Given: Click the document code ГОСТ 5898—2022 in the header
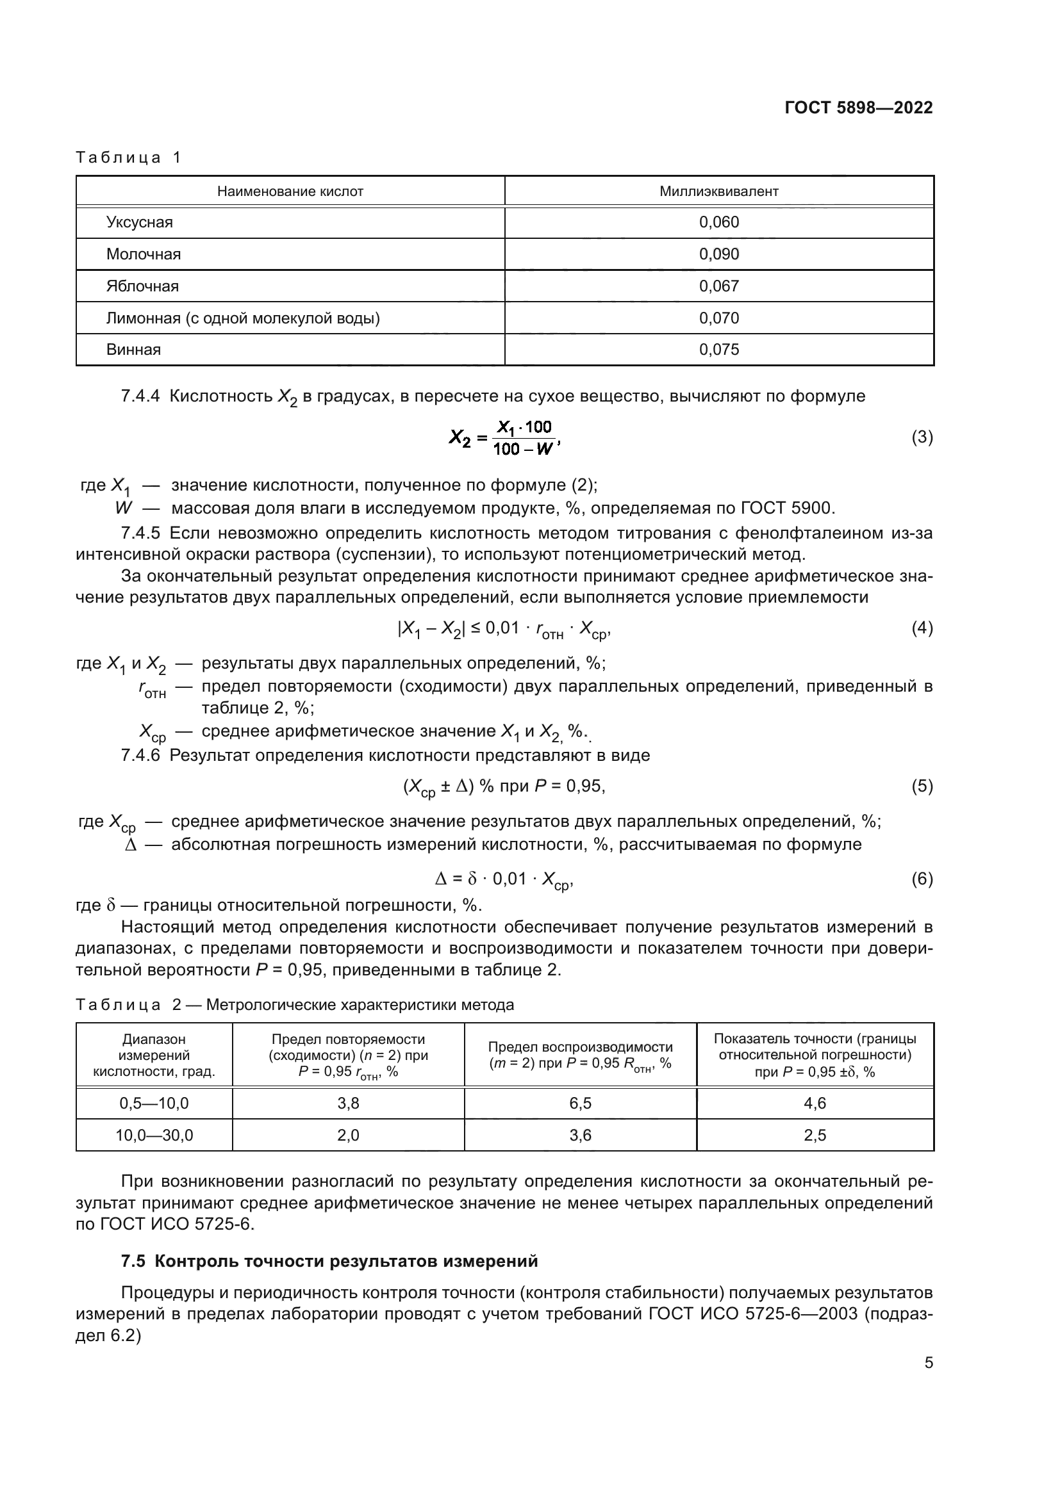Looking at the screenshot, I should click(858, 108).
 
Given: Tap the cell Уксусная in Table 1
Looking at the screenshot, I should click(140, 222).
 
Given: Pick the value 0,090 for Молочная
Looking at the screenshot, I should click(718, 254).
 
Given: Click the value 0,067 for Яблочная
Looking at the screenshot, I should click(718, 286).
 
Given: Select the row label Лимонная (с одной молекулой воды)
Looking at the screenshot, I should click(243, 318).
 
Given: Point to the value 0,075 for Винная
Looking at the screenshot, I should click(718, 350).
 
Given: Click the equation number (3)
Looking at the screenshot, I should click(922, 437).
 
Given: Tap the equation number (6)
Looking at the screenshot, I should click(922, 879).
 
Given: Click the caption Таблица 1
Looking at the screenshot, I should click(129, 158).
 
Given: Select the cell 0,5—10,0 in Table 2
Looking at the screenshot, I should click(154, 1103).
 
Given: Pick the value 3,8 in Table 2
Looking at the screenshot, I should click(348, 1103).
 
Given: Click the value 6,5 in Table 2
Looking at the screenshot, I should click(580, 1103).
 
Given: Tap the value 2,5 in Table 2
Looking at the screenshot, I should click(815, 1136).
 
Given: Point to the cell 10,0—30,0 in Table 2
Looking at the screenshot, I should click(154, 1136).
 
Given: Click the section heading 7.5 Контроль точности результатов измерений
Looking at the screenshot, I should click(329, 1261).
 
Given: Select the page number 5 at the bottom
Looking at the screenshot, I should click(928, 1363).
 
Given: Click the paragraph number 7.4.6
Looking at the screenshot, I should click(140, 756).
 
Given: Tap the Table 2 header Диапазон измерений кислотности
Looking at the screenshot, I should click(154, 1055).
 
